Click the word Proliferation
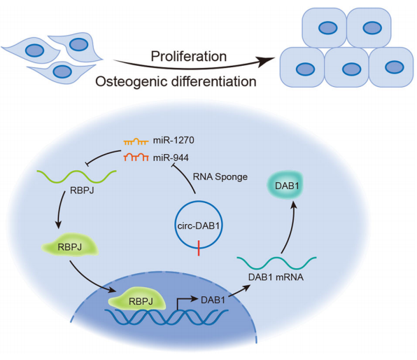click(x=188, y=57)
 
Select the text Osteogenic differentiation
click(x=176, y=81)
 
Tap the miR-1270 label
click(x=174, y=140)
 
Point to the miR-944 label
click(x=171, y=158)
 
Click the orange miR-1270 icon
click(x=136, y=141)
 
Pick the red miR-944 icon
click(x=136, y=158)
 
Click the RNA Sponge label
click(x=220, y=176)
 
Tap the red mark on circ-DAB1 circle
click(x=199, y=248)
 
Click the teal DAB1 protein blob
click(x=285, y=185)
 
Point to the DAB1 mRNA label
click(x=276, y=277)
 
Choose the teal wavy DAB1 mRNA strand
click(x=276, y=262)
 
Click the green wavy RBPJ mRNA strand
click(x=76, y=176)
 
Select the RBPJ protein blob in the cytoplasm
click(x=70, y=245)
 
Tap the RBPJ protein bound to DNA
click(x=137, y=299)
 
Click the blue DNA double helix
click(x=167, y=317)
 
